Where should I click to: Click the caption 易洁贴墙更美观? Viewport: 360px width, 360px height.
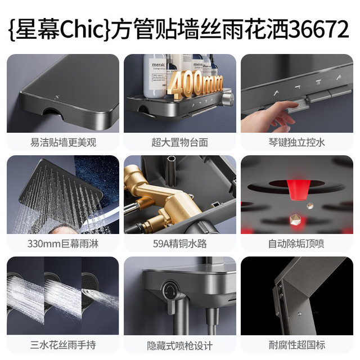[x=62, y=142]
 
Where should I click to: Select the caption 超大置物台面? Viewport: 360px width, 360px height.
[x=179, y=142]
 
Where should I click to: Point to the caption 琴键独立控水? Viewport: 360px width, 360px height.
[x=297, y=142]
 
